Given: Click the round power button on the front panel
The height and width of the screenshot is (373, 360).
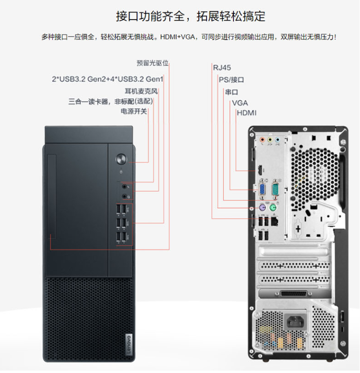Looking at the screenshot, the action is [121, 159].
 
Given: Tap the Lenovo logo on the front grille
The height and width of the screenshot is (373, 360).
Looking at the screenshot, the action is [129, 344].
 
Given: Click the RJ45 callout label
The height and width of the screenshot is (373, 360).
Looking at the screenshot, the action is [222, 68].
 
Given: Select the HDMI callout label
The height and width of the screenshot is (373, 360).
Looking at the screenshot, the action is [246, 113].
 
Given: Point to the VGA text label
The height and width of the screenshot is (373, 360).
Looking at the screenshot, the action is [240, 103].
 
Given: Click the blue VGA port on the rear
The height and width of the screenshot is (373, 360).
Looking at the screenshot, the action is [262, 189].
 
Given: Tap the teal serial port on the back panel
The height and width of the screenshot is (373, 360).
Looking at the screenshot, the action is [275, 189].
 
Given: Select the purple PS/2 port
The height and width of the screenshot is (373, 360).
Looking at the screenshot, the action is [262, 208].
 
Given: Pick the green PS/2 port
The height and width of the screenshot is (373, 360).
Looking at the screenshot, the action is [273, 208].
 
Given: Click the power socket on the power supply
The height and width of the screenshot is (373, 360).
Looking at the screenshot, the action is [296, 322].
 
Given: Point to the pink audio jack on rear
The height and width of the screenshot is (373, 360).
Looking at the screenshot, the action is [262, 140].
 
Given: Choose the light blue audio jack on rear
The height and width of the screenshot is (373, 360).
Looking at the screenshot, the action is [277, 140].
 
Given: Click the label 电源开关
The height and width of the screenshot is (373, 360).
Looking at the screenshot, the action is [134, 111].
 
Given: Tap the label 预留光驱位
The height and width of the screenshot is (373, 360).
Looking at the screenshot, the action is [153, 63].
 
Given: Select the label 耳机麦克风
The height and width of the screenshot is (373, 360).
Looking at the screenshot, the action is [141, 91].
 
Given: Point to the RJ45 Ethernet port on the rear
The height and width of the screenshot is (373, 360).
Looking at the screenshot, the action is [275, 221].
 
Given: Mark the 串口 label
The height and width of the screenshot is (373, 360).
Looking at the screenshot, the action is [231, 92].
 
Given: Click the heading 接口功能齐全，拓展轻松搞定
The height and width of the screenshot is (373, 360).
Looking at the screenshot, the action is [191, 16].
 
